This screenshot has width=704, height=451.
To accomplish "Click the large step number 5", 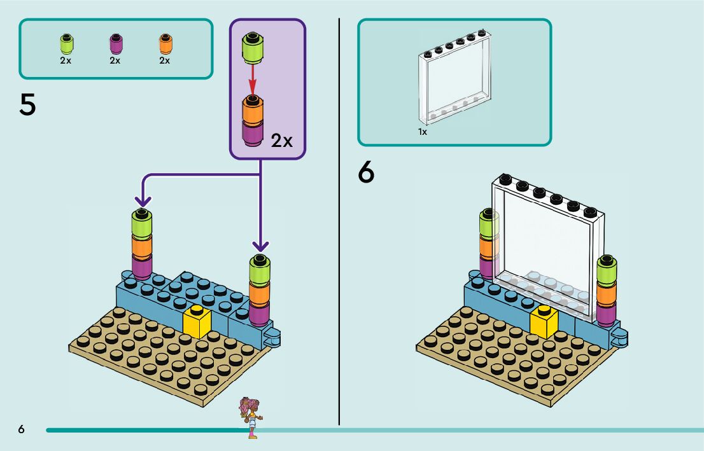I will [27, 105].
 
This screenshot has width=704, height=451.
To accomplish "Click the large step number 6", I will [367, 173].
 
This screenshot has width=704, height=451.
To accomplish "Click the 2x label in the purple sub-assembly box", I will [281, 141].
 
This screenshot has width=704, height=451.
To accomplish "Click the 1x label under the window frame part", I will [422, 132].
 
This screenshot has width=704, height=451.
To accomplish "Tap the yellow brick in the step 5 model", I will [197, 323].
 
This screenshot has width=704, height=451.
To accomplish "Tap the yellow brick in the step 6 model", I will [544, 323].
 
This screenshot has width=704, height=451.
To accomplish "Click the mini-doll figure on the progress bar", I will [250, 417].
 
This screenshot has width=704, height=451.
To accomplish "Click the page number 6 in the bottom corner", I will [22, 430].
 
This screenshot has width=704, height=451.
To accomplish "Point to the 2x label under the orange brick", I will [165, 61].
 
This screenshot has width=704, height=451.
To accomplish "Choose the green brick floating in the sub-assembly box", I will [252, 48].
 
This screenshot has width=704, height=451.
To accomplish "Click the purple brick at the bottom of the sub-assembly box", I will [253, 134].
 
